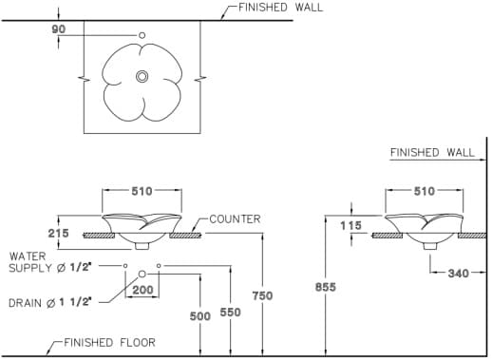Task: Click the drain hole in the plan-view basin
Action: (142, 76)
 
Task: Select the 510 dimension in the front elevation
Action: (142, 191)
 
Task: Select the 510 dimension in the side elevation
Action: (424, 191)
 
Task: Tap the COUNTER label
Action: (235, 219)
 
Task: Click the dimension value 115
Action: (350, 225)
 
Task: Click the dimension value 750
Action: (261, 295)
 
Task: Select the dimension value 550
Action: (231, 313)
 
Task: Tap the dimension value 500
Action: (200, 315)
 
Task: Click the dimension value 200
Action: (142, 289)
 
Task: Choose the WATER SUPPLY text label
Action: (50, 262)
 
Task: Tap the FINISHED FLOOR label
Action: (109, 342)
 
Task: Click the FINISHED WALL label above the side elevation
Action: (432, 152)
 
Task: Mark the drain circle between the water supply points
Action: (142, 275)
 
